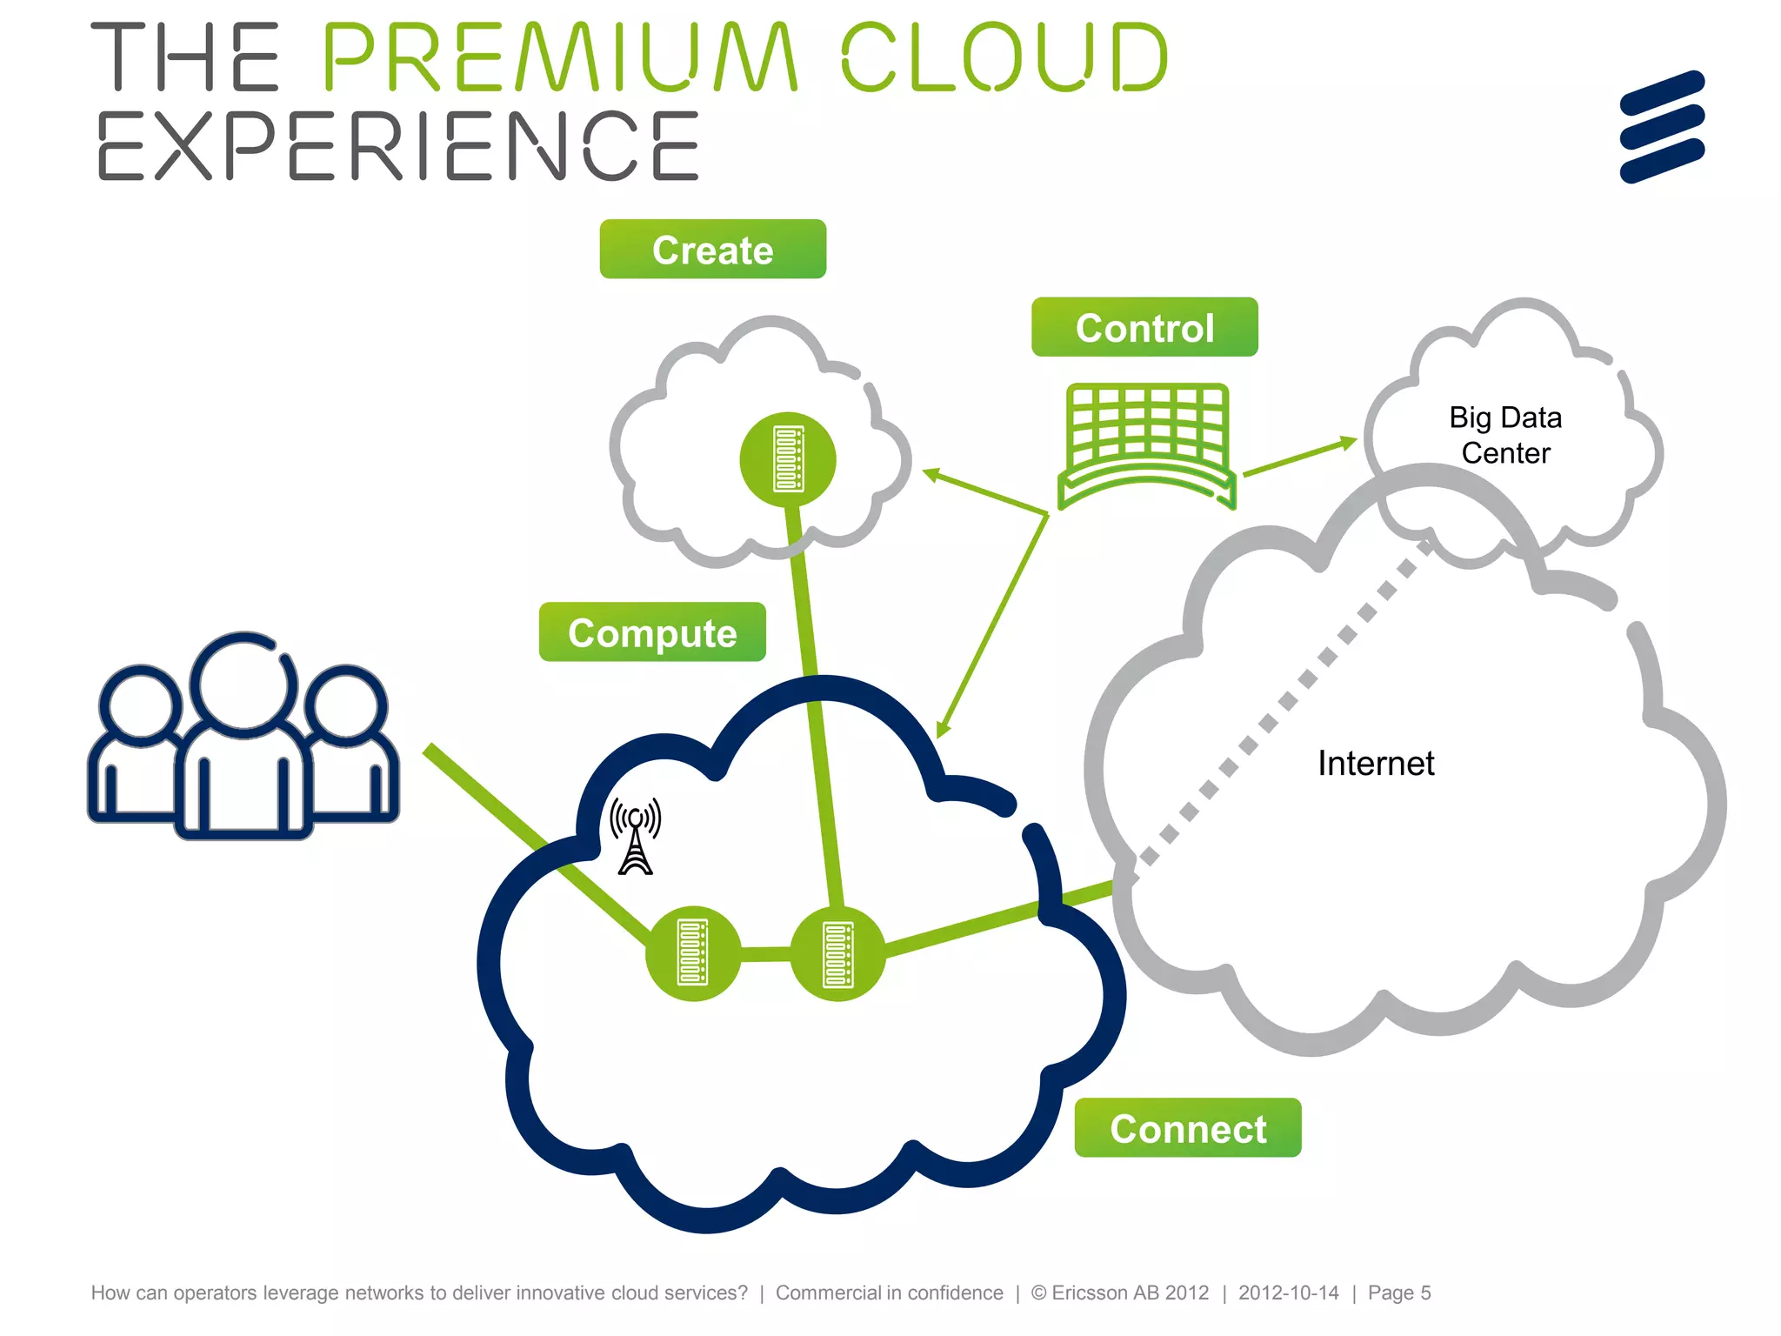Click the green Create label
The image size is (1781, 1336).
coord(712,250)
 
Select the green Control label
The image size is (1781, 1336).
coord(1144,328)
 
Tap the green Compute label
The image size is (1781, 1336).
coord(652,632)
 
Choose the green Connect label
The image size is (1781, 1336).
coord(1187,1128)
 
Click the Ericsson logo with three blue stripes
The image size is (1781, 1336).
coord(1662,127)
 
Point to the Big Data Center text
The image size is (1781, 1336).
coord(1505,435)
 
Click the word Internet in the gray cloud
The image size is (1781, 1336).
coord(1375,764)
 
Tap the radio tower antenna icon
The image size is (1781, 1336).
coord(636,836)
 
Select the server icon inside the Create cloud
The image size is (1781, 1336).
coord(788,459)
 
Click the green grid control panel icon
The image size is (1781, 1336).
coord(1146,444)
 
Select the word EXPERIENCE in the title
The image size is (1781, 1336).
coord(398,146)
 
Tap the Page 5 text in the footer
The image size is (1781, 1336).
coord(1398,1293)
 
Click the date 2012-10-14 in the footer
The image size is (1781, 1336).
coord(1288,1293)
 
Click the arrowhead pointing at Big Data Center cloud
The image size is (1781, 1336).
coord(1348,443)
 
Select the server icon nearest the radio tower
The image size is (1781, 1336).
coord(693,953)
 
